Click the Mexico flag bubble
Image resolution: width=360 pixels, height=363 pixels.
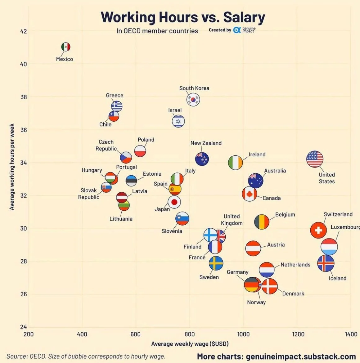66,47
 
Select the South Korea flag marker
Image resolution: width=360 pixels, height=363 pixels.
193,100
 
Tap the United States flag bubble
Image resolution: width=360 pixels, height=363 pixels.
315,159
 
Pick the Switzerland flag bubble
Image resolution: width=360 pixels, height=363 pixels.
318,230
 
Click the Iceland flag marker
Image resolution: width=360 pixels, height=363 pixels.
326,263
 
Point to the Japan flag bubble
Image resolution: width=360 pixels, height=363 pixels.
174,202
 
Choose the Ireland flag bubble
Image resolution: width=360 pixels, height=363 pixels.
236,163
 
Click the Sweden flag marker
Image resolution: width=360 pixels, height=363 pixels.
216,263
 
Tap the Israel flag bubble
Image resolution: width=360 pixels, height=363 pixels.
178,121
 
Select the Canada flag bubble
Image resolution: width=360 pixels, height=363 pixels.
250,194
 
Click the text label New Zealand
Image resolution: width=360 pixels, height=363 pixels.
206,143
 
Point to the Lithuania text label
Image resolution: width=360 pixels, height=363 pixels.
121,219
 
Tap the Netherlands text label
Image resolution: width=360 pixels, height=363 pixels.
295,265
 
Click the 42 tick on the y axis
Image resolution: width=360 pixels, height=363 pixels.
24,31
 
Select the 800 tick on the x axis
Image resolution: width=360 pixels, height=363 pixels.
190,334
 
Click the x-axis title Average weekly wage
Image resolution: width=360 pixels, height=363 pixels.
190,344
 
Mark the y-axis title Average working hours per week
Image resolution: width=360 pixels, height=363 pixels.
12,167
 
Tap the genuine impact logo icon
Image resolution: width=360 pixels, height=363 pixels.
237,30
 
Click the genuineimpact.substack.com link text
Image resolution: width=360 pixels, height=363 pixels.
301,356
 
